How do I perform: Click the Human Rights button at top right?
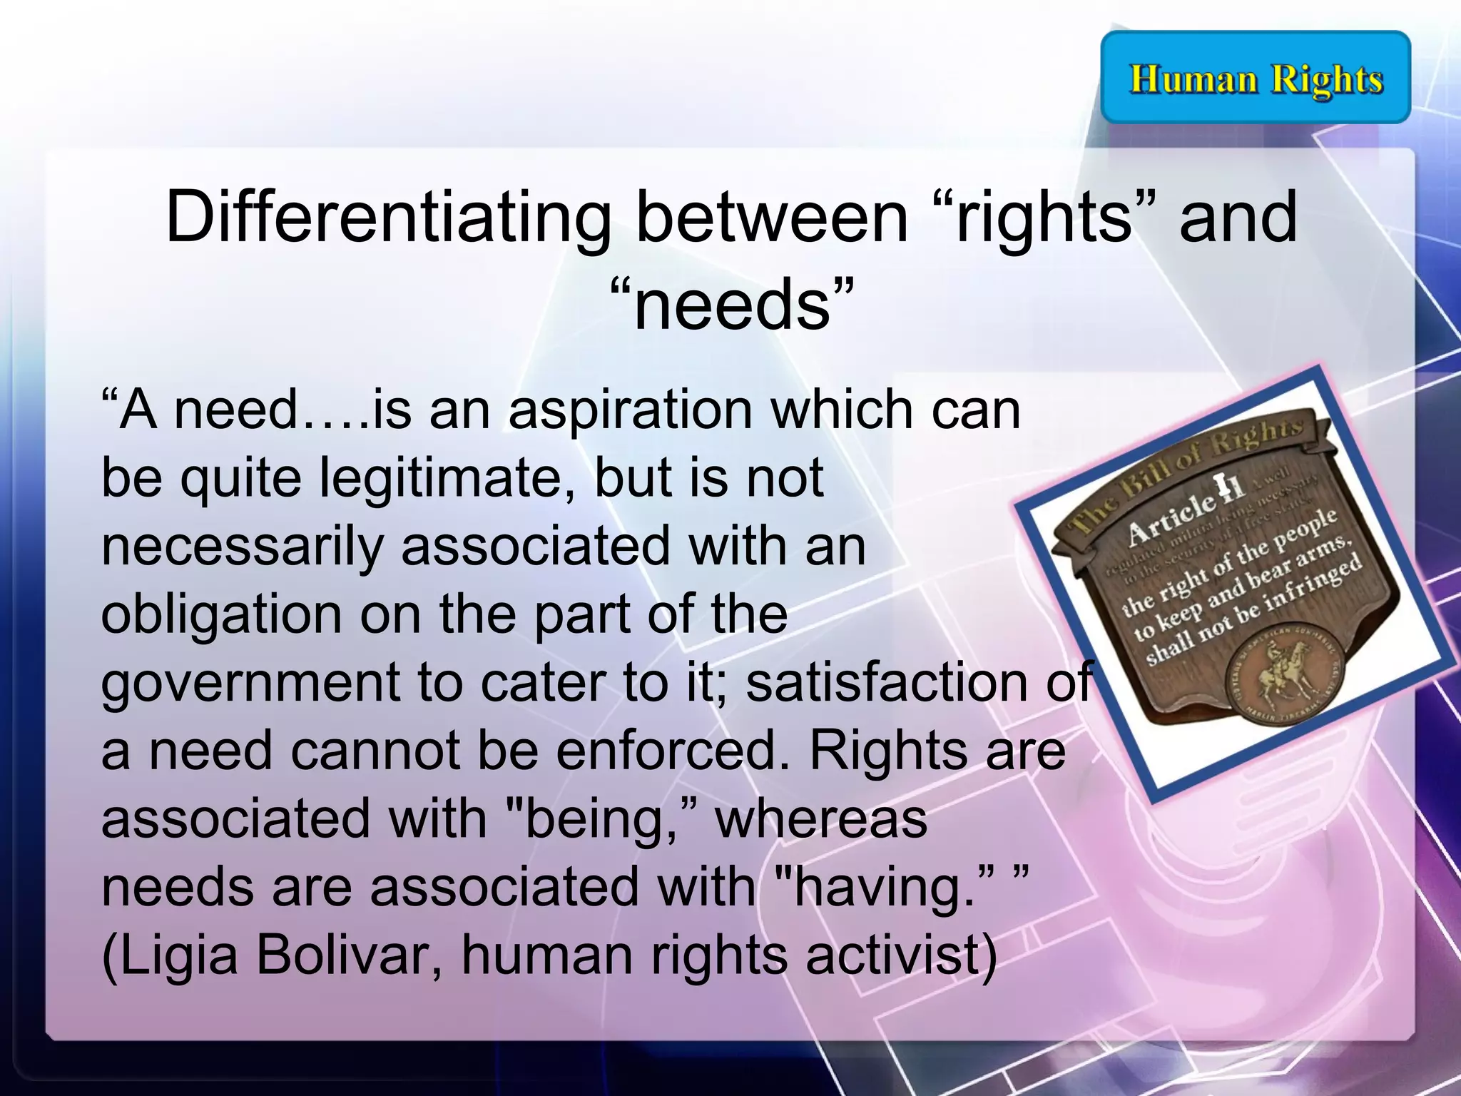(x=1256, y=78)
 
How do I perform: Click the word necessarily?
(x=243, y=547)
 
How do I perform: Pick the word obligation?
(x=221, y=614)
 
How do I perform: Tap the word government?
(x=250, y=683)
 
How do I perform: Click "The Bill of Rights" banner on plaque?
(x=1184, y=471)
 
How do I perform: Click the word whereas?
(x=820, y=818)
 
